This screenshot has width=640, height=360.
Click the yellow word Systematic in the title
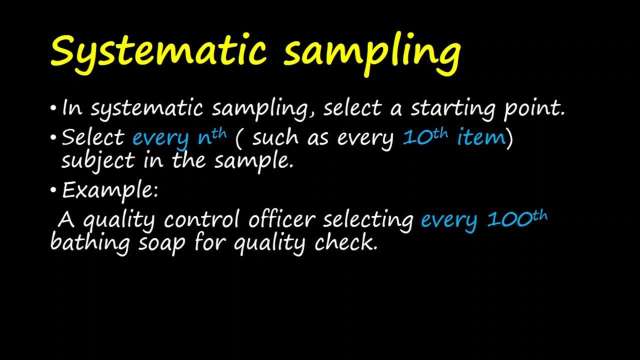(x=158, y=51)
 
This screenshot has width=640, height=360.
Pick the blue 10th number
(x=425, y=136)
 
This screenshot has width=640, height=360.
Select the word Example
(x=109, y=190)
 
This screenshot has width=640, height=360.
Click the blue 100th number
(x=517, y=219)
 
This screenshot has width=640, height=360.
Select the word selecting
(x=368, y=219)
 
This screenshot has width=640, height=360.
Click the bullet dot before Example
(x=54, y=190)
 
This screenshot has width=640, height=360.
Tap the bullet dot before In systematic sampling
(x=54, y=108)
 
